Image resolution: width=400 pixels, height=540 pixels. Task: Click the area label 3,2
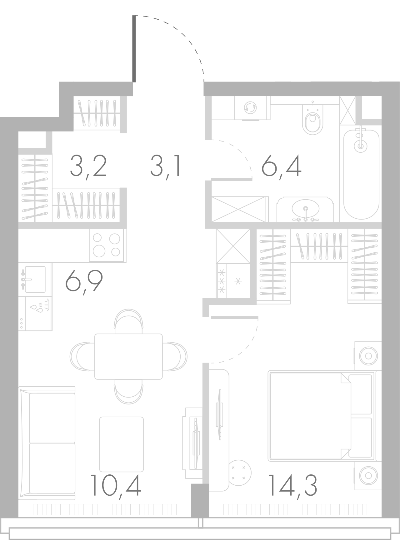click(88, 167)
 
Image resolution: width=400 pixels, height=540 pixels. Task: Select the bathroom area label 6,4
click(281, 167)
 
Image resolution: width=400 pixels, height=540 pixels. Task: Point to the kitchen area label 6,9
click(84, 281)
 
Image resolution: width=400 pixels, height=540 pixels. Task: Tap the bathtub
click(361, 175)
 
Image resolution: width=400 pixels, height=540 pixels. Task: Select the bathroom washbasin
click(305, 210)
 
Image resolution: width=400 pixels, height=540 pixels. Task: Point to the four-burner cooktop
click(107, 245)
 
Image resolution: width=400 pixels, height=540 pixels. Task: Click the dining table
click(128, 356)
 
